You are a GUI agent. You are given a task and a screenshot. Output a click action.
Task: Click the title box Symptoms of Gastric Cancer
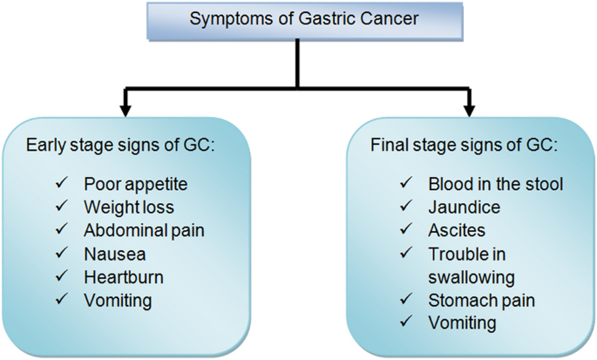[304, 21]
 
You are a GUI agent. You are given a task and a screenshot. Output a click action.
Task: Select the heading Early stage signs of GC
[120, 146]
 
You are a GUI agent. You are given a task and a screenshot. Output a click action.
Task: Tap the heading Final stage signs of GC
[465, 146]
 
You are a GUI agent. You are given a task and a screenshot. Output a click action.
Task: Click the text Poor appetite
[136, 185]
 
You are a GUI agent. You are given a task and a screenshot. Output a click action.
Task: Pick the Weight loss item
[129, 207]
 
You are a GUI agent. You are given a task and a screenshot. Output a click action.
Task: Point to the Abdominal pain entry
[144, 231]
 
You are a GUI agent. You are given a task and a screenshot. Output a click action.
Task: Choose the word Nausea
[114, 255]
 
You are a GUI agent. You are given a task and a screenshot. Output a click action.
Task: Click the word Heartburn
[124, 277]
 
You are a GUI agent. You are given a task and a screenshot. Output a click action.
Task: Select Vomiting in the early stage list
[118, 301]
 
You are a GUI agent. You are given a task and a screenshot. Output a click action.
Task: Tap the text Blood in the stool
[495, 184]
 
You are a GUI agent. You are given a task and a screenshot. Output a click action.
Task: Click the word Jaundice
[465, 207]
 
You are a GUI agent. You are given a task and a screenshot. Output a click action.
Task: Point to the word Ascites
[457, 231]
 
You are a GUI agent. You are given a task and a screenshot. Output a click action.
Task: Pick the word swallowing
[471, 278]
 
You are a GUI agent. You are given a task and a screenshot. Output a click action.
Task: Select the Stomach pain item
[482, 301]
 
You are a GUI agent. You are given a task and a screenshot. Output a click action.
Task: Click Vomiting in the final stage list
[462, 323]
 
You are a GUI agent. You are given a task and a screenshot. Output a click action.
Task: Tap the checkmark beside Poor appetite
[62, 182]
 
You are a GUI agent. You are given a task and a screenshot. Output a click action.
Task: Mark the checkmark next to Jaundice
[406, 206]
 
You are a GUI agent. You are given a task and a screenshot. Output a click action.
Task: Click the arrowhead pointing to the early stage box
[126, 112]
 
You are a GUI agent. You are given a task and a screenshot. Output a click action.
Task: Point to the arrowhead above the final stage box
[470, 112]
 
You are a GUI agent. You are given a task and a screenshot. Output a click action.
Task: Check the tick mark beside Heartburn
[62, 275]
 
